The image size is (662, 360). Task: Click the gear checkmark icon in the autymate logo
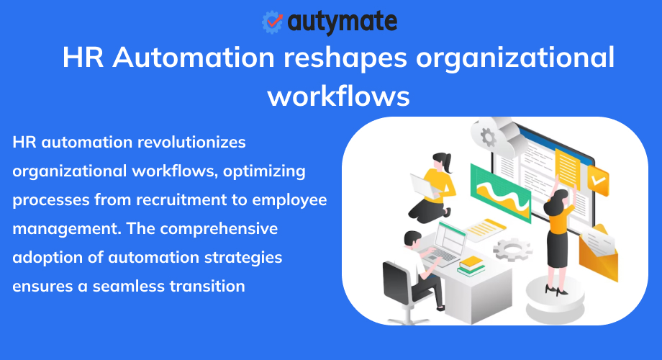click(x=273, y=22)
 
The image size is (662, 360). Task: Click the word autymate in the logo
click(x=342, y=23)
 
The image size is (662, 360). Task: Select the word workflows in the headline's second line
click(x=339, y=95)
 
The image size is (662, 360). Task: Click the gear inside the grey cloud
click(x=489, y=137)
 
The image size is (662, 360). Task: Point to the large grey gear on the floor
click(x=513, y=249)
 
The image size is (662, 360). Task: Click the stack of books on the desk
click(x=471, y=266)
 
